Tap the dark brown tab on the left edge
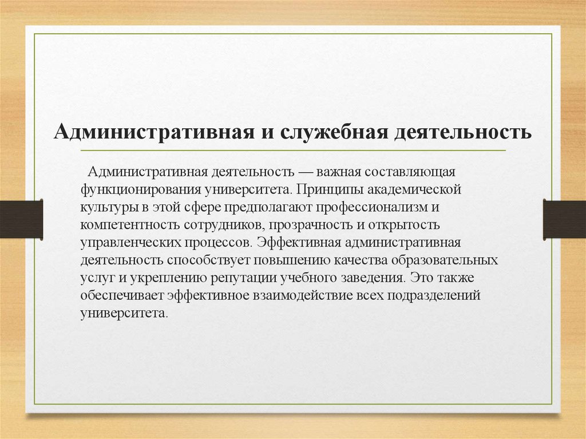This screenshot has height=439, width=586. pos(21,219)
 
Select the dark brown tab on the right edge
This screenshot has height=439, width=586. pos(564,219)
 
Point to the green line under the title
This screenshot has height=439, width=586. pos(292,151)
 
